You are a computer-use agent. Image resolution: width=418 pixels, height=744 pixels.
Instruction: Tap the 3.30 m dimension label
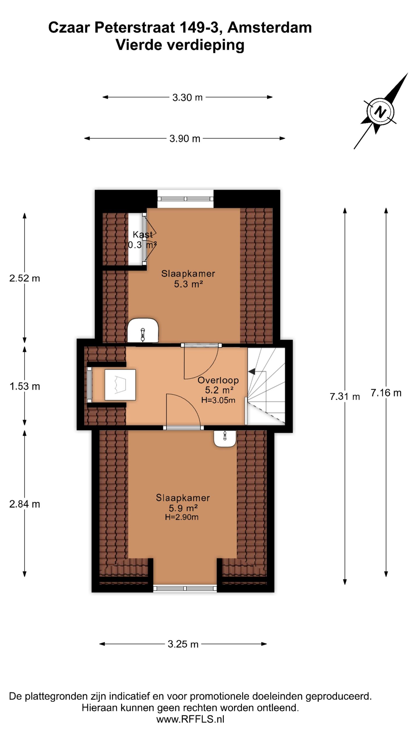pos(187,97)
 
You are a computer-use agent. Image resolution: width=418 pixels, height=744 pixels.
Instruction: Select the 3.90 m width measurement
pos(185,139)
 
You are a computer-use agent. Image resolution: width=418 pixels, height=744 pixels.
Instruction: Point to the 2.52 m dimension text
pos(25,278)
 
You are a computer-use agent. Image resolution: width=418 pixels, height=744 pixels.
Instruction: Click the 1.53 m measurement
pos(25,387)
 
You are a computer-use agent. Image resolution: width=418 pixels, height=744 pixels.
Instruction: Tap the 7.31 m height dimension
pos(345,396)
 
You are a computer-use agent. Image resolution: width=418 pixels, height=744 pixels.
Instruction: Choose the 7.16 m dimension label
pos(386,393)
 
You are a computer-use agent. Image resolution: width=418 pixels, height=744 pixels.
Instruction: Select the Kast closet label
pos(143,234)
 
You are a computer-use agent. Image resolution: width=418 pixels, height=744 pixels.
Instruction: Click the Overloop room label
pos(218,380)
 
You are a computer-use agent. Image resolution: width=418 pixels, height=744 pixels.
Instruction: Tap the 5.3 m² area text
pos(188,284)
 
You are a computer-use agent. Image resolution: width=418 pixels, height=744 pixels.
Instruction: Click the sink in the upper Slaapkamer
pos(143,330)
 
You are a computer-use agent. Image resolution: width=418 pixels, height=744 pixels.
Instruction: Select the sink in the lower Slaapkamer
pos(225,439)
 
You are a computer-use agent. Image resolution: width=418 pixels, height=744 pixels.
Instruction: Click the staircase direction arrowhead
pos(251,371)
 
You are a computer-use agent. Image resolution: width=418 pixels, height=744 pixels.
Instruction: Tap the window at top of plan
pos(185,199)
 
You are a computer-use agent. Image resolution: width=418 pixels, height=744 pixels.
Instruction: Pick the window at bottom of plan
pos(185,589)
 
